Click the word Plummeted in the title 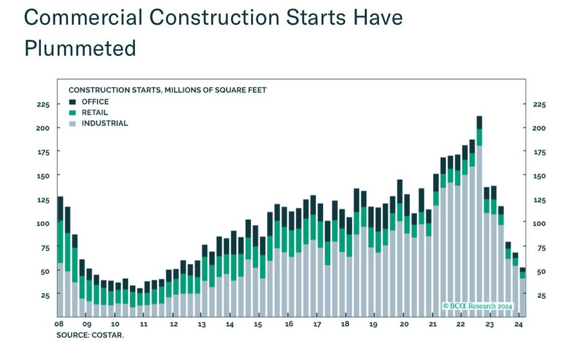pos(80,48)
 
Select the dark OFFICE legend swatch pos(72,102)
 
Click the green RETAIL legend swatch pos(72,112)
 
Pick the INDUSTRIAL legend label pos(105,123)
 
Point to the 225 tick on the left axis pos(43,105)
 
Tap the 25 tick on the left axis pos(45,295)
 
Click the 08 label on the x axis pos(59,324)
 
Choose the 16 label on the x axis pos(289,324)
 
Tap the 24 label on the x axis pos(518,324)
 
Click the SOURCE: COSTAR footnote pos(90,335)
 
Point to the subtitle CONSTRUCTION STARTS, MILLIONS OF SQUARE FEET pos(168,90)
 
